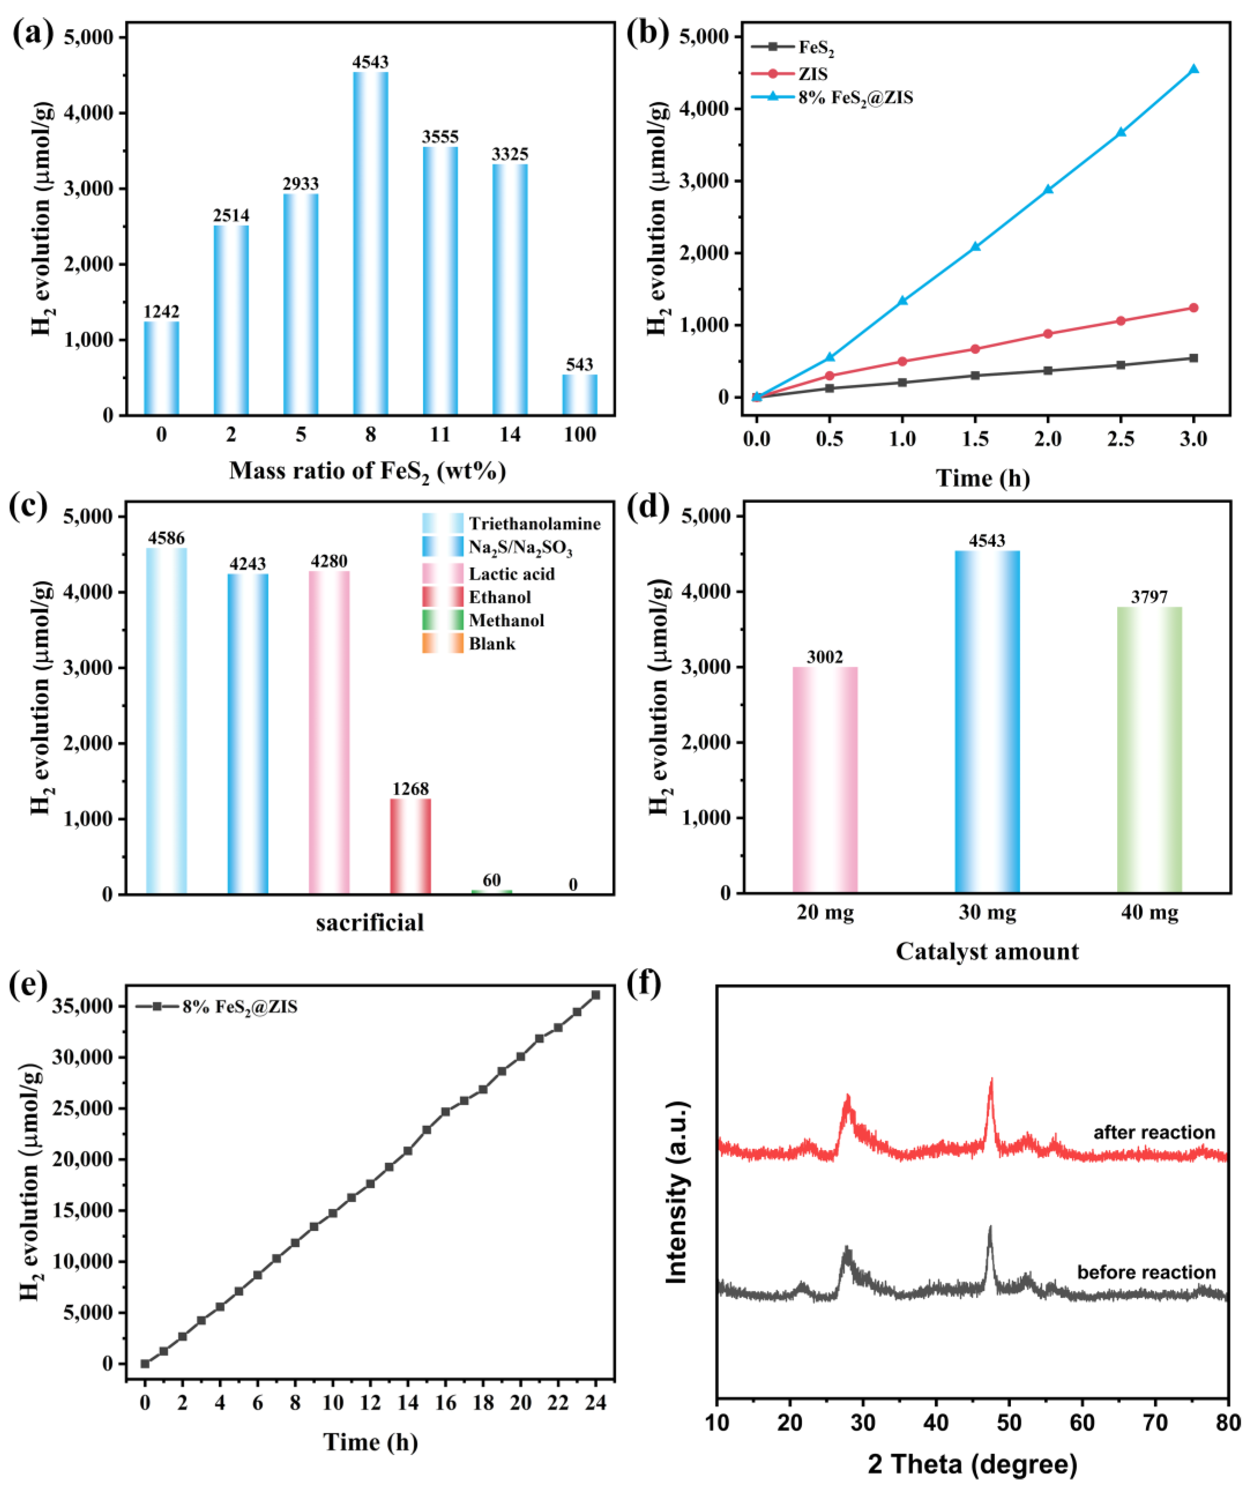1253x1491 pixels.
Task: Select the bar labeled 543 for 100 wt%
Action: [x=580, y=394]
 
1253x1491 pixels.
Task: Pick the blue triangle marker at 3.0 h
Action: [x=1193, y=69]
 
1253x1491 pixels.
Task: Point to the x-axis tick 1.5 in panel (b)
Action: [x=974, y=438]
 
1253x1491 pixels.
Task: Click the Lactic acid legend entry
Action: [x=511, y=573]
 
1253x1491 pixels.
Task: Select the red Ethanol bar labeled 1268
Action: [x=411, y=845]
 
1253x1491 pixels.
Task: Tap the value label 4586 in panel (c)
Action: [x=166, y=538]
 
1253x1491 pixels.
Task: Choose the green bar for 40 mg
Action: [x=1149, y=750]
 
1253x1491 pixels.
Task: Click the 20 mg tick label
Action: [x=825, y=912]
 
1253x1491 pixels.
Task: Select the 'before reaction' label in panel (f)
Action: [x=1146, y=1272]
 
